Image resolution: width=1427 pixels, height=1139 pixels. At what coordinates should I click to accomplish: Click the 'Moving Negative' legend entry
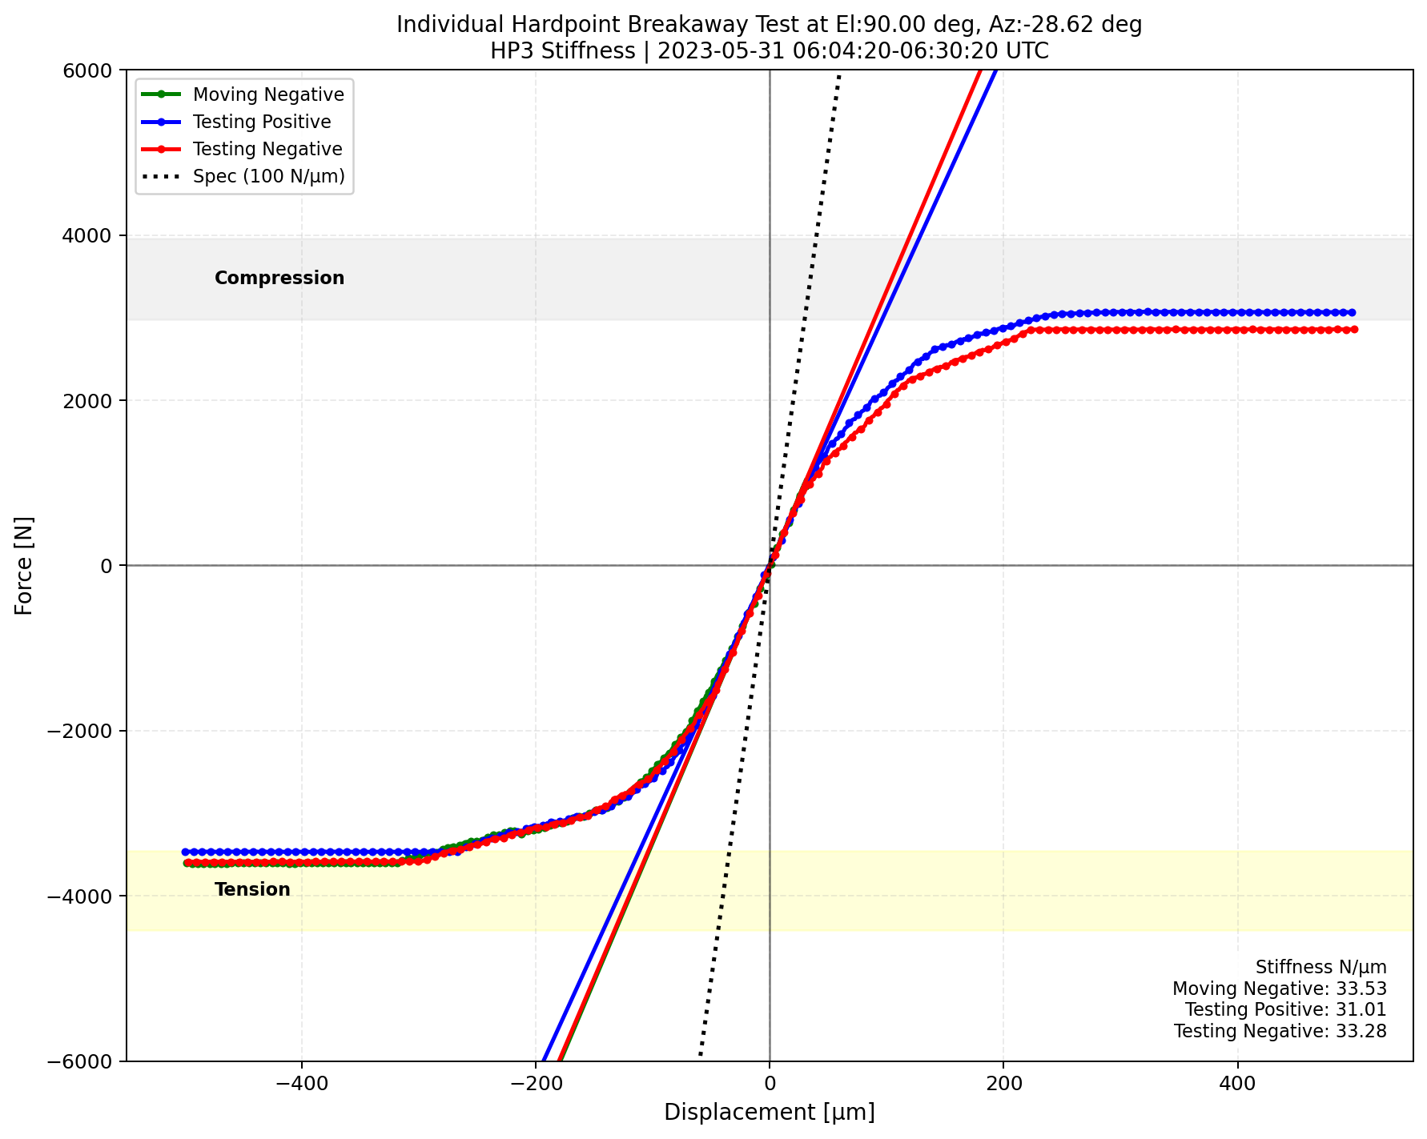(268, 94)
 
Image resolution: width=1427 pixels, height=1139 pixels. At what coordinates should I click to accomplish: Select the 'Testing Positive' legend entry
(262, 122)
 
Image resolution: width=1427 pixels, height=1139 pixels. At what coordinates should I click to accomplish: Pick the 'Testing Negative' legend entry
(267, 149)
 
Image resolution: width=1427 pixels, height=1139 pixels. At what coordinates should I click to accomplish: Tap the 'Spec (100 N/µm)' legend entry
(268, 176)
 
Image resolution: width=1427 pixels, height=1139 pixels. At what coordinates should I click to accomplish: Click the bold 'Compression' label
(279, 278)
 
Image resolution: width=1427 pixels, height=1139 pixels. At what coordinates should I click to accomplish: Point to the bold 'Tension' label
(252, 889)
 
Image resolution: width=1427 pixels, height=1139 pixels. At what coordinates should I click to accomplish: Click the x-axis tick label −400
(301, 1082)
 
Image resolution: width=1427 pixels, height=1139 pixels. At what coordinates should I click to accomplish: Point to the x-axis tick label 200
(1003, 1082)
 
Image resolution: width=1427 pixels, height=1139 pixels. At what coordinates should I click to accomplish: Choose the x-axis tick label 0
(770, 1082)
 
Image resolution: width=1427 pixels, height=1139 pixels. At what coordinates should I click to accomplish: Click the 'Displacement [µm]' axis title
(769, 1112)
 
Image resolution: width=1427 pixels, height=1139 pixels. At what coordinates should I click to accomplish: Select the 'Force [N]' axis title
(24, 565)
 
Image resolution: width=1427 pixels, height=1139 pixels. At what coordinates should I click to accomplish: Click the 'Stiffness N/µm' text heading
(1320, 967)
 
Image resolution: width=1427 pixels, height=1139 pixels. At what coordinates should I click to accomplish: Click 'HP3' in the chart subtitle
(509, 51)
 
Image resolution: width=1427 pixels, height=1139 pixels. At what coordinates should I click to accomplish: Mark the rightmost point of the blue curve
(1352, 312)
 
